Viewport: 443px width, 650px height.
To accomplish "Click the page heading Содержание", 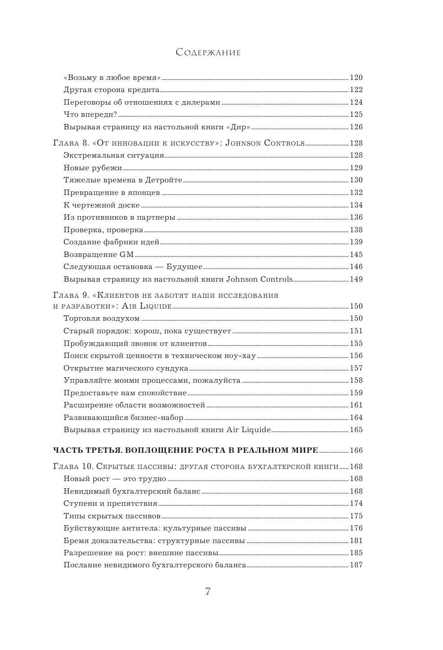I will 208,53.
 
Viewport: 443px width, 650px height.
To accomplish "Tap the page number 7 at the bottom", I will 208,591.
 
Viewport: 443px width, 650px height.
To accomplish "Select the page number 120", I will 356,77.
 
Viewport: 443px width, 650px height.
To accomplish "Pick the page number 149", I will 356,279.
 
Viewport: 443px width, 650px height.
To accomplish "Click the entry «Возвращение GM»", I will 99,254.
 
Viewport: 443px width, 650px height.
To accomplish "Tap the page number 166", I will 356,450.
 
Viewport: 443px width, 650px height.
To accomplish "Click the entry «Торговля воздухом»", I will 102,318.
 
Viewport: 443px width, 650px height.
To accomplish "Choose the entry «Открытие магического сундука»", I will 126,368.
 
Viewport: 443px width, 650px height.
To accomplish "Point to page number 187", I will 356,565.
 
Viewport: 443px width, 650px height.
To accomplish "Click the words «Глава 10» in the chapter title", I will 72,467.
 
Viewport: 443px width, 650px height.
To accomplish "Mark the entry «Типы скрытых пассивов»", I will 112,516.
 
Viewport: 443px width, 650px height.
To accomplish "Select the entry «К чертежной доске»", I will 102,205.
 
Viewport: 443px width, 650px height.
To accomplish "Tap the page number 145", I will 356,254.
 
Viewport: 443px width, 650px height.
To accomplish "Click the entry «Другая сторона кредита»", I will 112,89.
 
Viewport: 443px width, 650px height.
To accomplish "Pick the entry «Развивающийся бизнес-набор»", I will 123,418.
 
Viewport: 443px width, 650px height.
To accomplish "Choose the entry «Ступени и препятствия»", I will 110,504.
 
